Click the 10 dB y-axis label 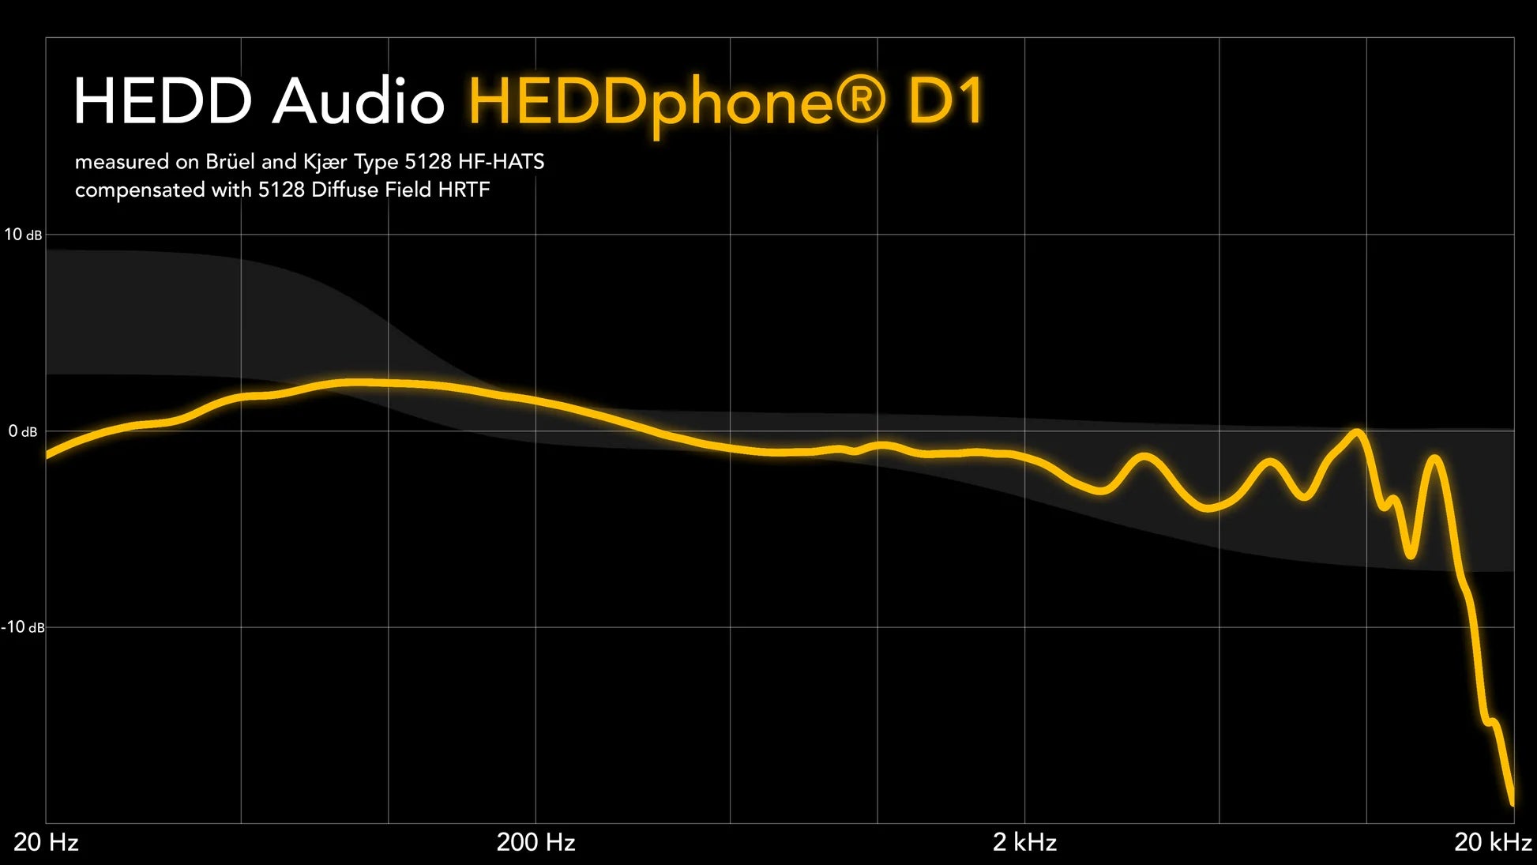tap(23, 235)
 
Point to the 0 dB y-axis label tap(23, 431)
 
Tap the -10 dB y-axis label tap(23, 627)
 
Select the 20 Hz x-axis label tap(46, 842)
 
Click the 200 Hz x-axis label tap(536, 842)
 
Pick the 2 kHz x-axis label tap(1024, 842)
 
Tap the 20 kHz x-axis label tap(1493, 842)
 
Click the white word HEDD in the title tap(163, 101)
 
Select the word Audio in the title tap(359, 101)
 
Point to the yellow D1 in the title tap(945, 101)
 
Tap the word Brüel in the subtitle tap(231, 162)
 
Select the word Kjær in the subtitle tap(325, 163)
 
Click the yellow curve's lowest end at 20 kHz tap(1512, 803)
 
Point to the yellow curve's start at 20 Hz tap(47, 455)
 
